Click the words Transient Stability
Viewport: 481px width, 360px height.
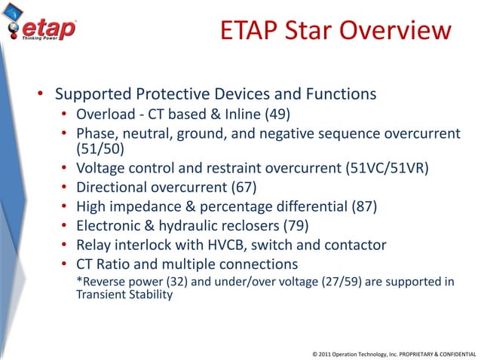(x=124, y=295)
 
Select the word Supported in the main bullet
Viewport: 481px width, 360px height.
(x=93, y=95)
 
